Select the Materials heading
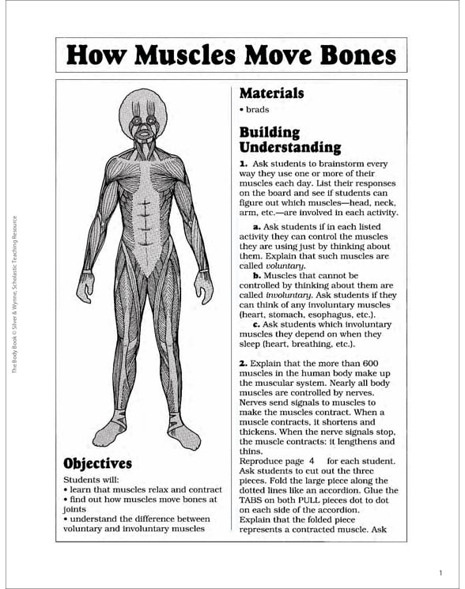[271, 93]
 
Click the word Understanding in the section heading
[290, 147]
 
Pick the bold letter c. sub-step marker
[258, 324]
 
